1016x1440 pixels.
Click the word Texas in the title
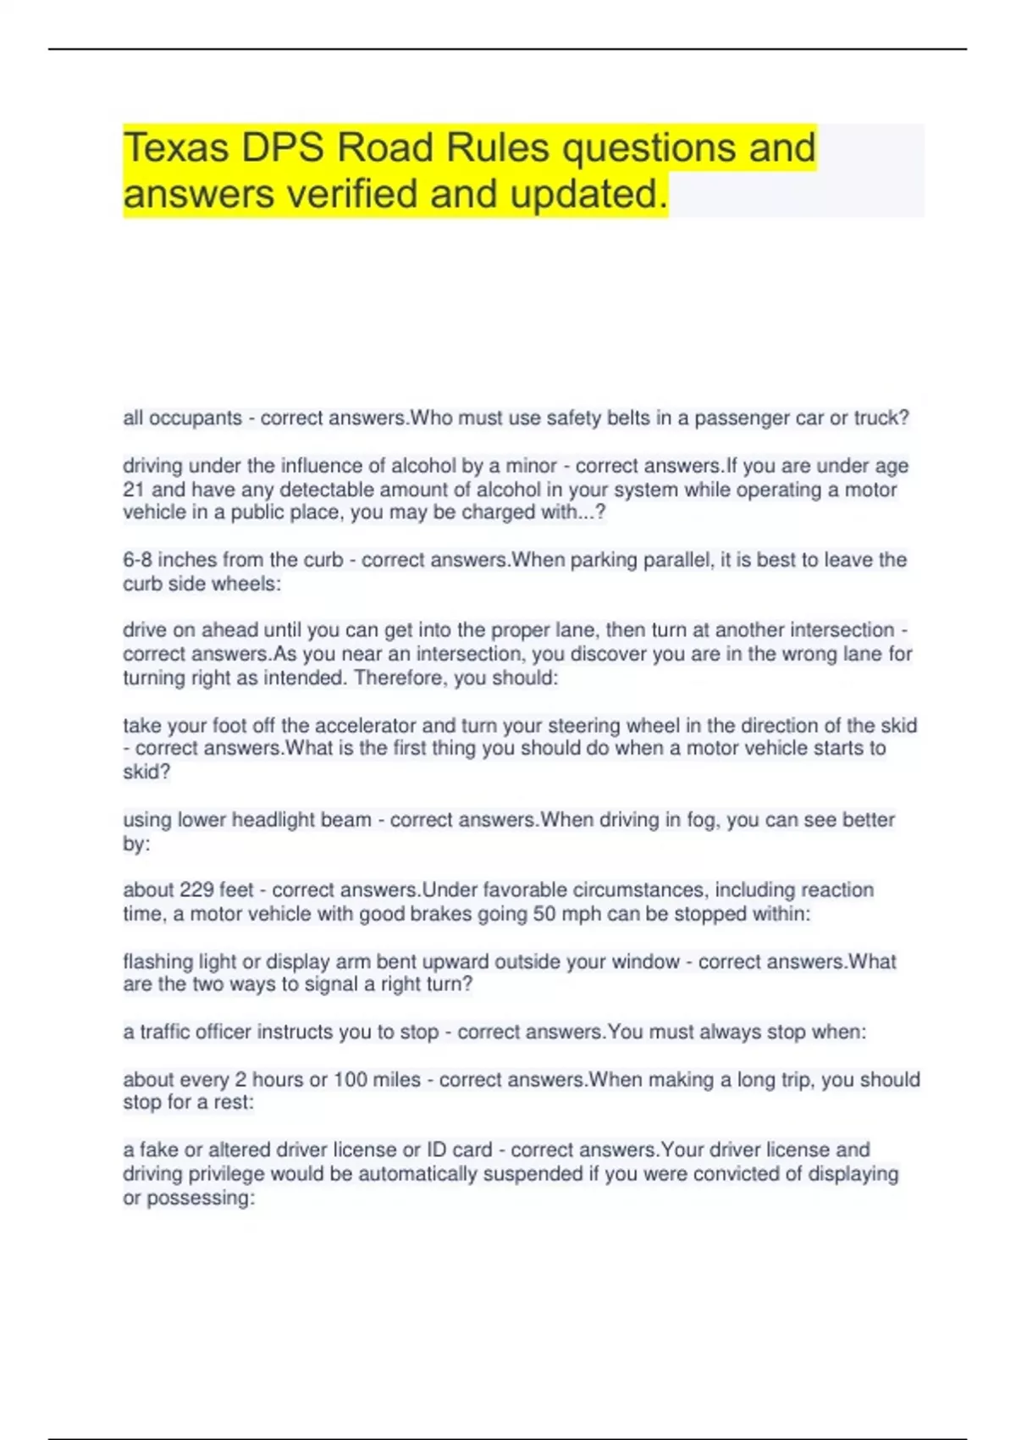point(176,148)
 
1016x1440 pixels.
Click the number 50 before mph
point(544,914)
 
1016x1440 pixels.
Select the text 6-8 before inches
point(138,560)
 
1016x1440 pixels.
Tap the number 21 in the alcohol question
point(134,490)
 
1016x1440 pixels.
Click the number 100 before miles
point(355,1080)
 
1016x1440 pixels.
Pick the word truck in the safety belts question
point(880,418)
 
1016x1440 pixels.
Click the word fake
point(158,1150)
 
